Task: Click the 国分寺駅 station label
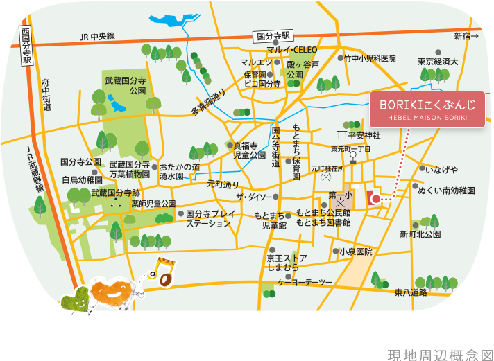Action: pyautogui.click(x=275, y=35)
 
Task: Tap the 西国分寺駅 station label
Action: pyautogui.click(x=26, y=46)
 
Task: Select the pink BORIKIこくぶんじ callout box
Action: pyautogui.click(x=427, y=109)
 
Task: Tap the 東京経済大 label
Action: pyautogui.click(x=438, y=62)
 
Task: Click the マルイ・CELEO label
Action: pyautogui.click(x=291, y=50)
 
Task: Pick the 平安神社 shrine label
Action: pyautogui.click(x=364, y=135)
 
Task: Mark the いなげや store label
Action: pyautogui.click(x=441, y=170)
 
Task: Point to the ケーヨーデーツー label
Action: pyautogui.click(x=305, y=282)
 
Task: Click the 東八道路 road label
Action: pyautogui.click(x=411, y=292)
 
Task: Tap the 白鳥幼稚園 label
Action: pyautogui.click(x=82, y=179)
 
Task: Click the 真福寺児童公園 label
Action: pyautogui.click(x=249, y=150)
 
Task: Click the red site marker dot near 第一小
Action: pyautogui.click(x=375, y=199)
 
